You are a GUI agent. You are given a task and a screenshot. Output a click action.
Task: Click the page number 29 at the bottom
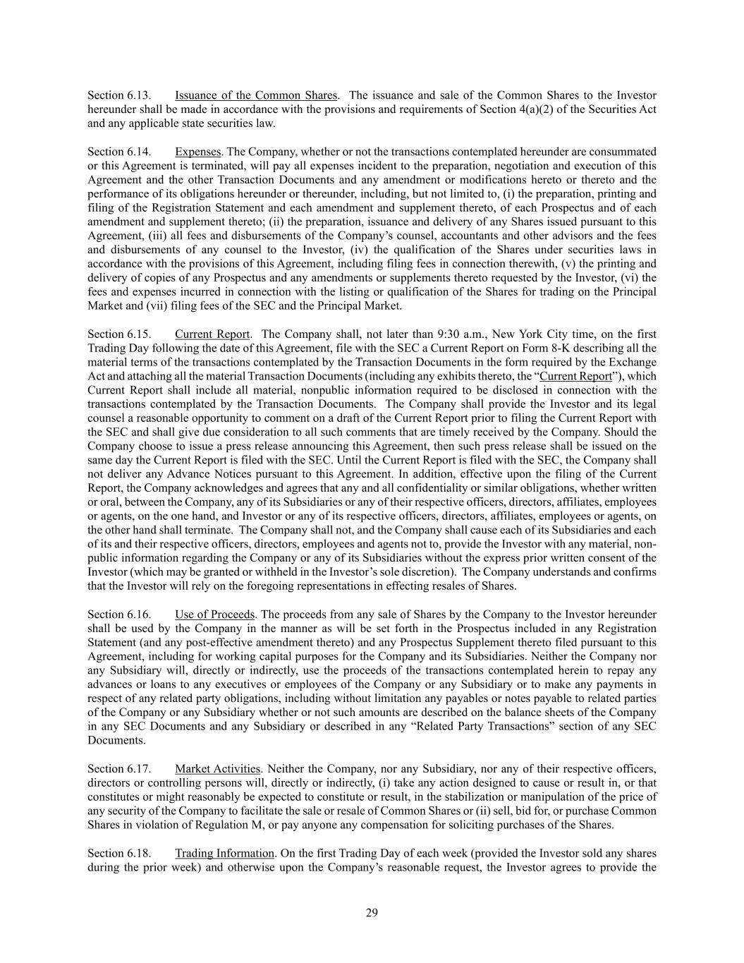coord(372,913)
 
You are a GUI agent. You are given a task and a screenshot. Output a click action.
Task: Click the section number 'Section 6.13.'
coord(119,95)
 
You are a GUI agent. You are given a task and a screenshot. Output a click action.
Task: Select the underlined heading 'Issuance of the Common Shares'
coord(256,95)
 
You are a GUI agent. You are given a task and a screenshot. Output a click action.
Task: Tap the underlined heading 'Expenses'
coord(198,152)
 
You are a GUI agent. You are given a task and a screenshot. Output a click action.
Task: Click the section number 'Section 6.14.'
coord(119,152)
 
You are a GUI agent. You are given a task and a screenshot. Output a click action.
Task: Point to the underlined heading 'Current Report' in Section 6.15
coord(212,334)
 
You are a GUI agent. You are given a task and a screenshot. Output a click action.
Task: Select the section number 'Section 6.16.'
coord(119,614)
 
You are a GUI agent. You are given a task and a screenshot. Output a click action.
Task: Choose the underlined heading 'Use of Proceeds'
coord(215,614)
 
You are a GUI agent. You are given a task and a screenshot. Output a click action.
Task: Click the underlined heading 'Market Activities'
coord(218,768)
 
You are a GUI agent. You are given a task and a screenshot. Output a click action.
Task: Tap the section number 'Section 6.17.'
coord(119,768)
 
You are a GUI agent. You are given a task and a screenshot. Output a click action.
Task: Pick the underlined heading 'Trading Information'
coord(225,853)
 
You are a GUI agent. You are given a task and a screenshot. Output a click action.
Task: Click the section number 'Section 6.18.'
coord(119,853)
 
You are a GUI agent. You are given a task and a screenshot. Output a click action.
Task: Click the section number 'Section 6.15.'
coord(119,334)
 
